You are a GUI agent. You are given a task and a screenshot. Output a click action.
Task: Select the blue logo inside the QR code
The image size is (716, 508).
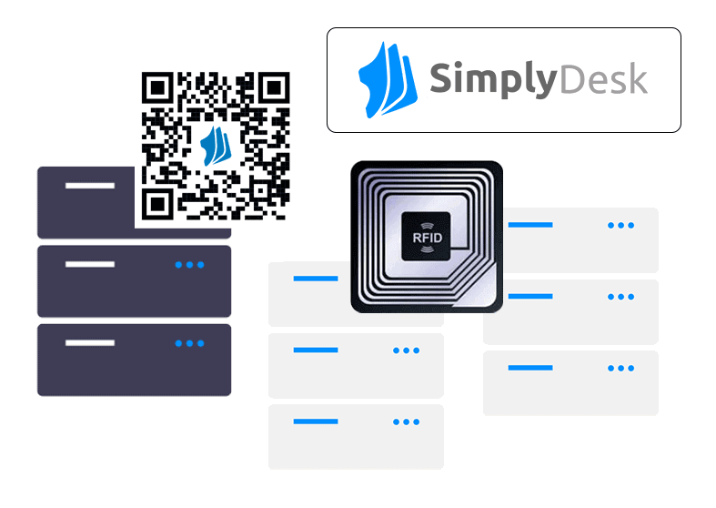click(216, 145)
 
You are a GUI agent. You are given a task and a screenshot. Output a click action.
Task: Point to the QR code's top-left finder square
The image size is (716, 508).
click(158, 88)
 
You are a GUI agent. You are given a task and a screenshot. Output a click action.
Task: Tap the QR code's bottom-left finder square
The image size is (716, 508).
click(158, 202)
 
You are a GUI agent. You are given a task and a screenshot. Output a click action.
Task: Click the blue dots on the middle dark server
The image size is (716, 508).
click(189, 265)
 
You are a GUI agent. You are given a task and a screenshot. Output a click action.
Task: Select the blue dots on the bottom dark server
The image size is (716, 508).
click(189, 343)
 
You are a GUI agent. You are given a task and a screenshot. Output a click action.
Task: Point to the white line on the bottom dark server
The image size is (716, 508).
click(90, 343)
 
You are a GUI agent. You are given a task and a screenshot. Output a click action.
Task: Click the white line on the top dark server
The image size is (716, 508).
click(90, 186)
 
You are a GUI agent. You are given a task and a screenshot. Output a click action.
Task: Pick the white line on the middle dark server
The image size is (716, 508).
click(90, 265)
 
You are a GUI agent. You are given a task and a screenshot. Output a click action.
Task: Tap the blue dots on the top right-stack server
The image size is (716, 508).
click(620, 225)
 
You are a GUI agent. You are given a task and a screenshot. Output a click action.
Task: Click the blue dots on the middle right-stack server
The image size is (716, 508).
click(620, 297)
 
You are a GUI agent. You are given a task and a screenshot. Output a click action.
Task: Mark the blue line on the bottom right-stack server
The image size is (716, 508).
click(530, 368)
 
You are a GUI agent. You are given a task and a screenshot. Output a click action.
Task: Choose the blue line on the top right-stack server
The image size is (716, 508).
click(530, 225)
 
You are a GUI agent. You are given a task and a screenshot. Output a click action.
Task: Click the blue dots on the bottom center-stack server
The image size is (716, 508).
click(406, 422)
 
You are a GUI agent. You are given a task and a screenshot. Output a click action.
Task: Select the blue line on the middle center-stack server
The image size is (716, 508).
click(316, 350)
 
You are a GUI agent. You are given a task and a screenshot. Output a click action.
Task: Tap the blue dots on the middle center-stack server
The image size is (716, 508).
click(406, 350)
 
